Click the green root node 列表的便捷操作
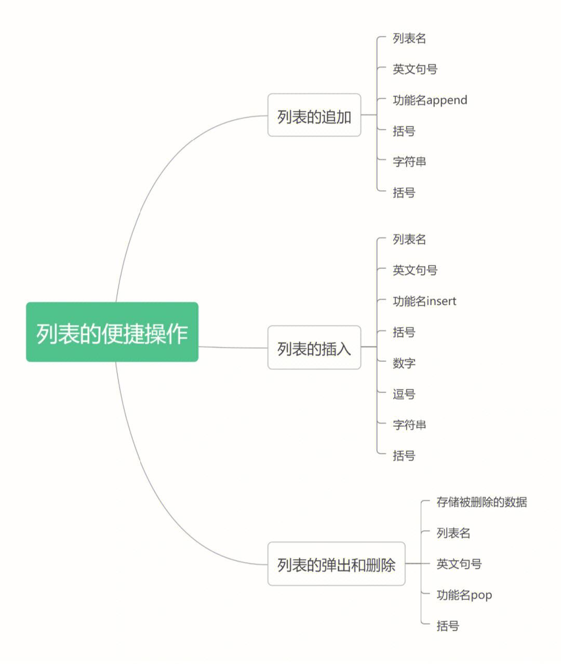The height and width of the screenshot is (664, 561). [x=112, y=332]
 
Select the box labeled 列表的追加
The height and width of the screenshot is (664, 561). [x=314, y=115]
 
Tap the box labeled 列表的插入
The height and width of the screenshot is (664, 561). [x=314, y=347]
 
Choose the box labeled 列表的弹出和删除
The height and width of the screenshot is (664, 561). [x=337, y=564]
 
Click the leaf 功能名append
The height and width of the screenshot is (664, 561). [x=430, y=100]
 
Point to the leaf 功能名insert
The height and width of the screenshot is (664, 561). [x=424, y=301]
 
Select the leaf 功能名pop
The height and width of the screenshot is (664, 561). [x=464, y=595]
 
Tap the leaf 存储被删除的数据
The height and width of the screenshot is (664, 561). [x=482, y=502]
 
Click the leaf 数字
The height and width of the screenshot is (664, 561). [x=404, y=363]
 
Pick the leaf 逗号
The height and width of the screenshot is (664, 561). [x=404, y=394]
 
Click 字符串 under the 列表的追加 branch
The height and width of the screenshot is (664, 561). [x=409, y=162]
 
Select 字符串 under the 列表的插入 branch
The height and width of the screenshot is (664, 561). [x=409, y=425]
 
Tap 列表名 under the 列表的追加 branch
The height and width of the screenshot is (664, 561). [x=409, y=38]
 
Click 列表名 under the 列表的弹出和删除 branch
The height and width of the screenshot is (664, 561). [x=453, y=533]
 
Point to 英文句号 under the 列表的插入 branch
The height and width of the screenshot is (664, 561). [x=415, y=270]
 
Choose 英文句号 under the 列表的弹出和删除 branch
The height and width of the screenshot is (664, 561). [x=459, y=564]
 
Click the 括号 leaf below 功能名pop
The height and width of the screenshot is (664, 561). [x=448, y=626]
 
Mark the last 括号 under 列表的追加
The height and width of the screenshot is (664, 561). [x=404, y=192]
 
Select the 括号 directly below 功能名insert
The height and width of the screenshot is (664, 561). [x=404, y=332]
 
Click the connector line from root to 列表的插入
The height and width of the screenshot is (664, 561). [x=233, y=347]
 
